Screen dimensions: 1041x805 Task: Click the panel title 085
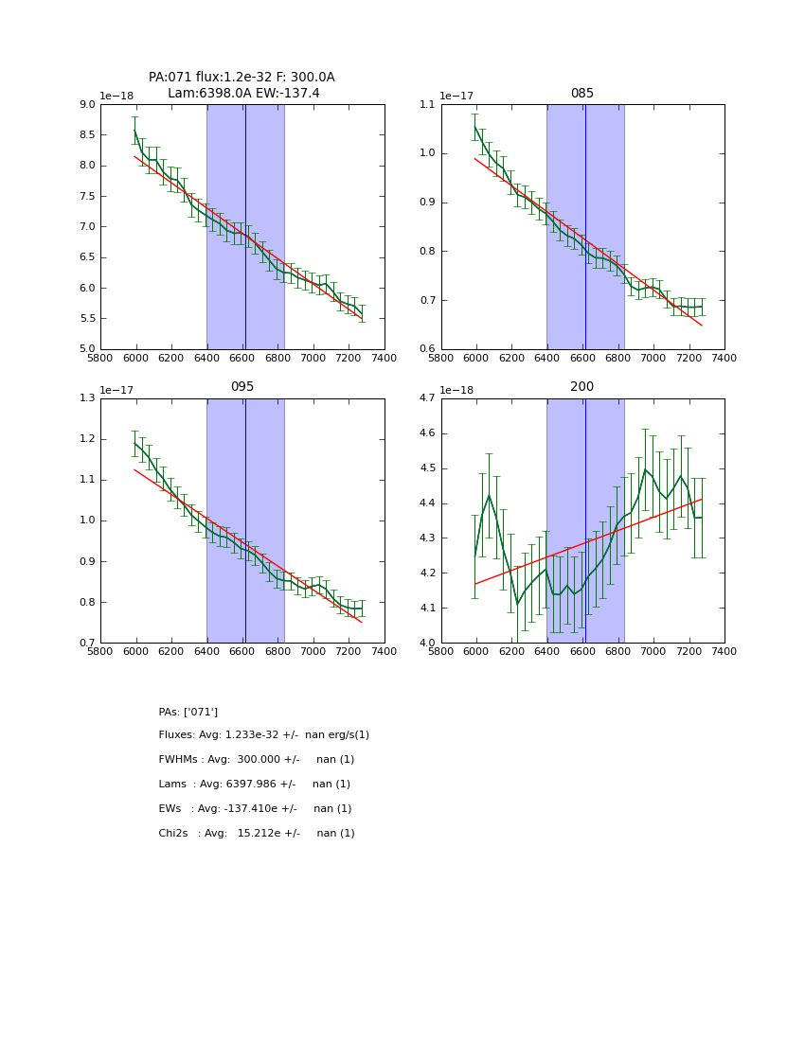(581, 94)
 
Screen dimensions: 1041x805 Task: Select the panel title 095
(242, 387)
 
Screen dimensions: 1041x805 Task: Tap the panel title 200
(581, 387)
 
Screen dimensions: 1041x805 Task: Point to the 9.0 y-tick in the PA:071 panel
(86, 104)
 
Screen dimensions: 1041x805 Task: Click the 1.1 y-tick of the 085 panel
(426, 104)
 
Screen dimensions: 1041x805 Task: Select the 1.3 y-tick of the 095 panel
(86, 398)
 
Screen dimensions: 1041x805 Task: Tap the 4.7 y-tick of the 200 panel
(426, 398)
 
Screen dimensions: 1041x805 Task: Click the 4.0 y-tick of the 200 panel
(426, 643)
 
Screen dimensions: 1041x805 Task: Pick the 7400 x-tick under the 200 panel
(724, 653)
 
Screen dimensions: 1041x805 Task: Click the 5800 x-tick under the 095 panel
(100, 653)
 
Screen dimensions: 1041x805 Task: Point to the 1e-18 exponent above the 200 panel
(457, 390)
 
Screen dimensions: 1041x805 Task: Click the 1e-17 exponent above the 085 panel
(457, 96)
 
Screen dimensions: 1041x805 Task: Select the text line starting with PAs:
(188, 712)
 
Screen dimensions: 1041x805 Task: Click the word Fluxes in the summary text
(177, 734)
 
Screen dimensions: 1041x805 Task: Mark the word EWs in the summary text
(171, 808)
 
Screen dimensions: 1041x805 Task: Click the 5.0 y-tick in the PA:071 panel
(86, 349)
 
